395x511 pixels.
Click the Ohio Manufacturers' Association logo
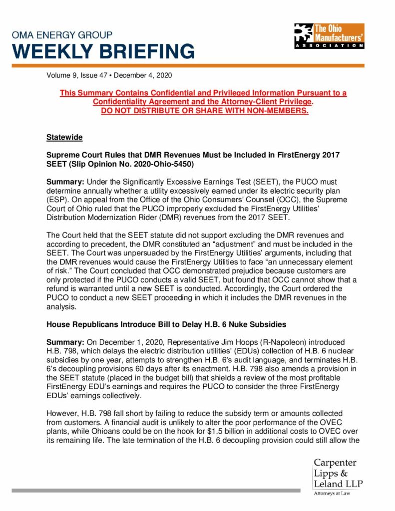tap(329, 35)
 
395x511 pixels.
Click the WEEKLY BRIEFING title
tap(104, 51)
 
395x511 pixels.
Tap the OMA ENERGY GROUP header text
tap(62, 35)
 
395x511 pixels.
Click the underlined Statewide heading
tap(64, 137)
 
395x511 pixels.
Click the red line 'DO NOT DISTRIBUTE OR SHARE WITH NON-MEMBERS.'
tap(205, 110)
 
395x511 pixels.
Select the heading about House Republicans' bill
tap(166, 324)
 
